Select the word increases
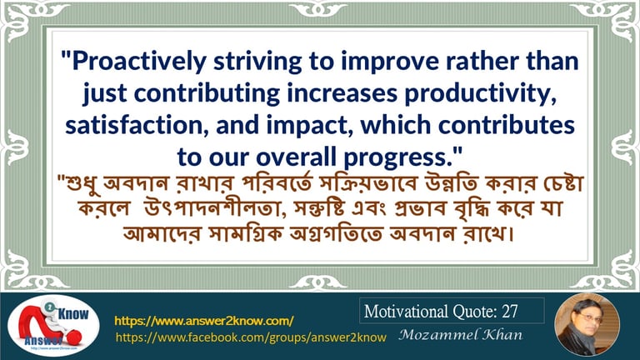[342, 93]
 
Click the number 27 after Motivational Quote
[510, 312]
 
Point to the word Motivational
[406, 312]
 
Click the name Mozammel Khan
[460, 335]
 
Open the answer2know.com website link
[203, 321]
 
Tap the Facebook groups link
[251, 337]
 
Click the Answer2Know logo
[53, 326]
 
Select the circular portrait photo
[587, 325]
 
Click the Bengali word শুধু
[82, 182]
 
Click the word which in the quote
[396, 125]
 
